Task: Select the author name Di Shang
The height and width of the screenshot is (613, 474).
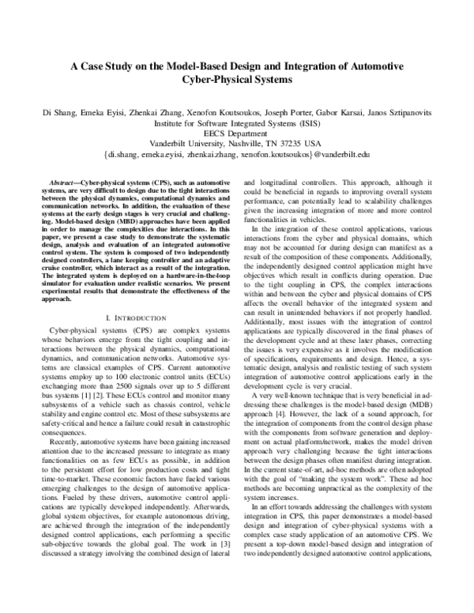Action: (x=63, y=114)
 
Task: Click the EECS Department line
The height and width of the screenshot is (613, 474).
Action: (x=236, y=134)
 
